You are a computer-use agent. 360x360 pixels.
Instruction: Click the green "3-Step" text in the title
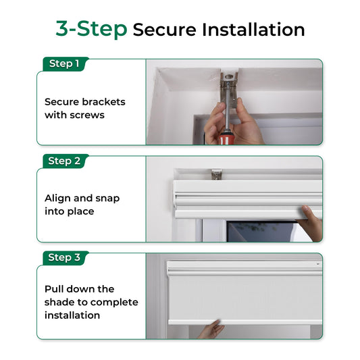pyautogui.click(x=91, y=29)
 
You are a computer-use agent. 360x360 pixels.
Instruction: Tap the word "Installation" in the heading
pyautogui.click(x=253, y=30)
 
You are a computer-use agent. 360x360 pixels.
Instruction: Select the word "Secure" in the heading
pyautogui.click(x=164, y=30)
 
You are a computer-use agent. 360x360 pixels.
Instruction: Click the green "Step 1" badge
pyautogui.click(x=66, y=63)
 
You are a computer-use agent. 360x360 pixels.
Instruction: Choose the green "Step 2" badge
pyautogui.click(x=66, y=161)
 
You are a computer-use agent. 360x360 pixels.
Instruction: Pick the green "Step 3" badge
pyautogui.click(x=66, y=258)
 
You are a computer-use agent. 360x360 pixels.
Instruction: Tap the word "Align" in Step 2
pyautogui.click(x=57, y=199)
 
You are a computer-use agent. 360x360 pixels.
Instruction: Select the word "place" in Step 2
pyautogui.click(x=81, y=211)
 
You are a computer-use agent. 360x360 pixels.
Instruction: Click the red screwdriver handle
pyautogui.click(x=226, y=138)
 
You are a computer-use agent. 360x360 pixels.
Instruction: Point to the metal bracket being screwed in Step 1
pyautogui.click(x=228, y=90)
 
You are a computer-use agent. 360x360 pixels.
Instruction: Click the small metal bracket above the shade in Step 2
pyautogui.click(x=217, y=174)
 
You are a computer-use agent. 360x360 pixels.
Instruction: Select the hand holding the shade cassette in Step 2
pyautogui.click(x=311, y=223)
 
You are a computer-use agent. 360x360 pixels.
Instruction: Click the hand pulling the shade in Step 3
pyautogui.click(x=211, y=329)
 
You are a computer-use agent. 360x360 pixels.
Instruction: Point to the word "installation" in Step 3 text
pyautogui.click(x=72, y=315)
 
